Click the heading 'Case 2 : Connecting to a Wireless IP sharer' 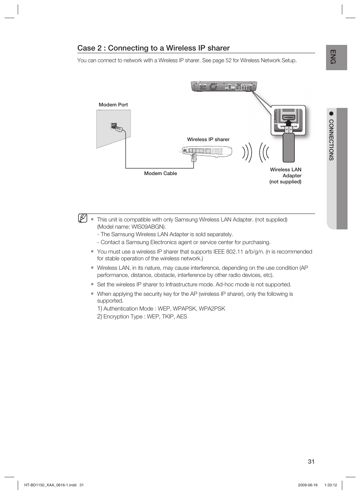tap(153, 48)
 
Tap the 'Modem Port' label tap(113, 105)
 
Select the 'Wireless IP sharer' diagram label tap(208, 139)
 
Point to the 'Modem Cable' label tap(160, 173)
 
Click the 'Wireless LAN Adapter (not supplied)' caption tap(286, 175)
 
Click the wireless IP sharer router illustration tap(207, 151)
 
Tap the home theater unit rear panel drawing tap(224, 86)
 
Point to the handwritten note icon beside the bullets tap(83, 218)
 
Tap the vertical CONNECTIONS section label tap(331, 140)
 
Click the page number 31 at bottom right tap(311, 461)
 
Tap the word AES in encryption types tap(182, 317)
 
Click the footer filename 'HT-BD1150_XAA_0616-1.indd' tap(50, 485)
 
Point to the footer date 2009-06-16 tap(308, 485)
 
